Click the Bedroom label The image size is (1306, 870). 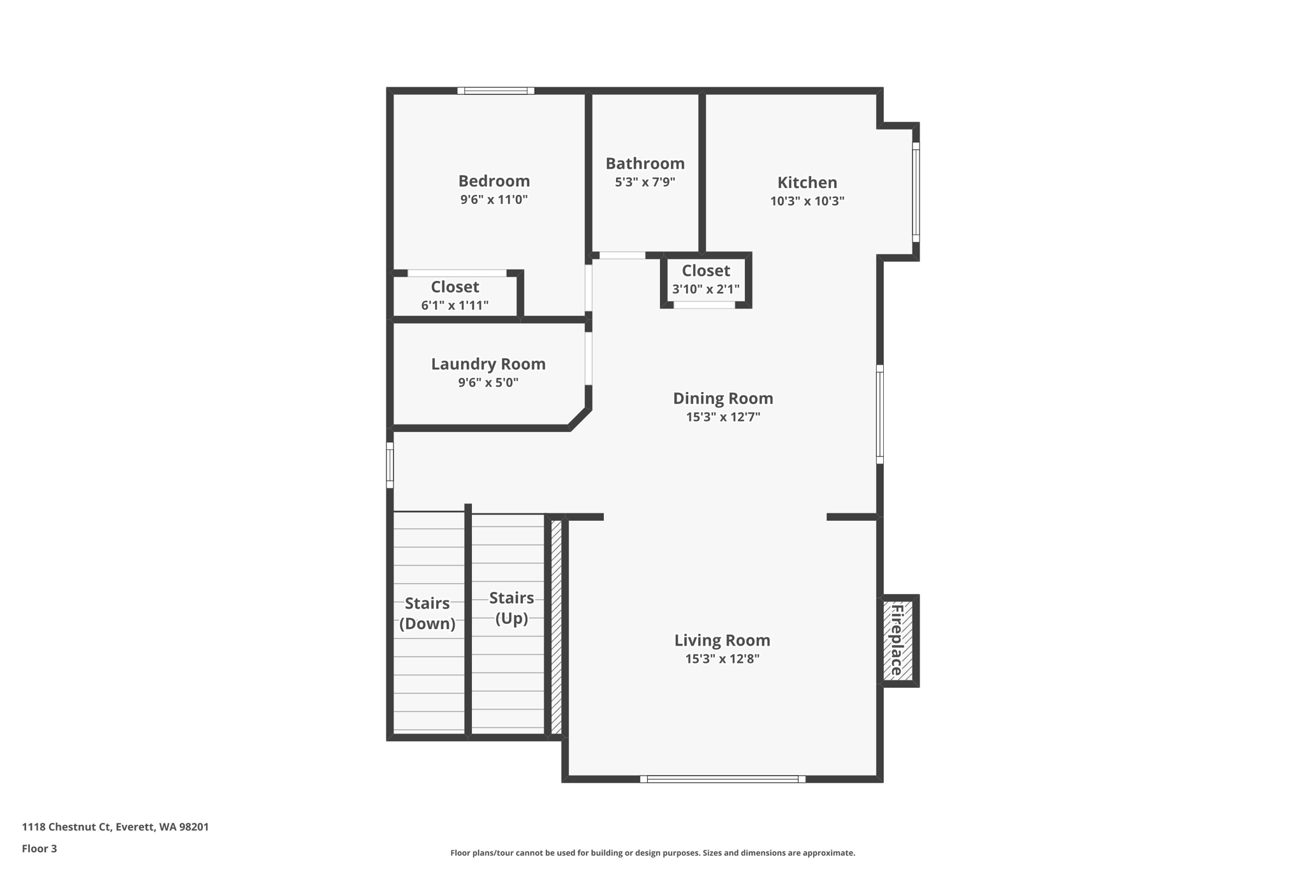494,181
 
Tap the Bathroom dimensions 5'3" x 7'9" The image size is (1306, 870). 645,182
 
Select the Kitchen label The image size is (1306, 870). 807,182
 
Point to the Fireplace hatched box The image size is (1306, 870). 898,641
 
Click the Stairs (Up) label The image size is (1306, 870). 511,607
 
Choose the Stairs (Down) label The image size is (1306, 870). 427,613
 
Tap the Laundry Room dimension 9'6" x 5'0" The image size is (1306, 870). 488,382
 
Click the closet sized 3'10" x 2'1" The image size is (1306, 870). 705,279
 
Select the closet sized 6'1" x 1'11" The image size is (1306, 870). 455,295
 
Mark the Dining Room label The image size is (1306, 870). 723,398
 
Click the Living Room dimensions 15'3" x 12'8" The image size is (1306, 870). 722,659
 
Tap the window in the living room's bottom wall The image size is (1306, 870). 723,779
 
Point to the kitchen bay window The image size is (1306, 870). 916,192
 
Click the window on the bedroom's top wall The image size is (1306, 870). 495,91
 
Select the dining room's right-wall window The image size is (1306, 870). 879,414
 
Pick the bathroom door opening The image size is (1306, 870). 622,256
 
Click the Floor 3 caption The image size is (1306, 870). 40,848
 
